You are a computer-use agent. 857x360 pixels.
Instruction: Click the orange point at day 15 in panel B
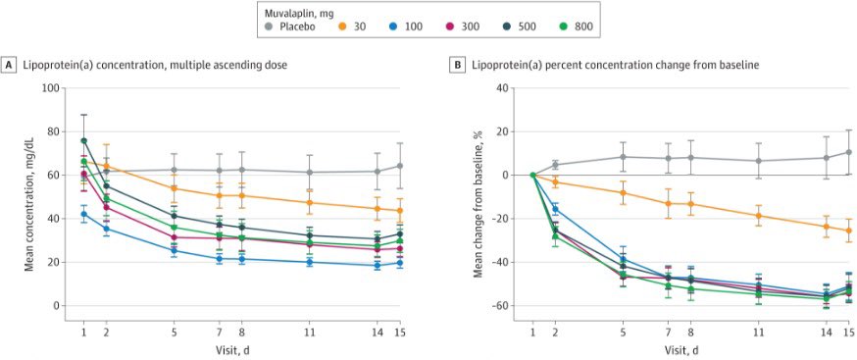point(849,231)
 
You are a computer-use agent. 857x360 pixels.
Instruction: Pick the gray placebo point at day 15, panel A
point(400,166)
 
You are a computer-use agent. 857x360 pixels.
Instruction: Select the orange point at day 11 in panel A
point(311,203)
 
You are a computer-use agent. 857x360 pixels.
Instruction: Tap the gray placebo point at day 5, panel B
point(623,157)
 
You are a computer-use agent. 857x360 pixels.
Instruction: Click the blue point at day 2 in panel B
point(555,209)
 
